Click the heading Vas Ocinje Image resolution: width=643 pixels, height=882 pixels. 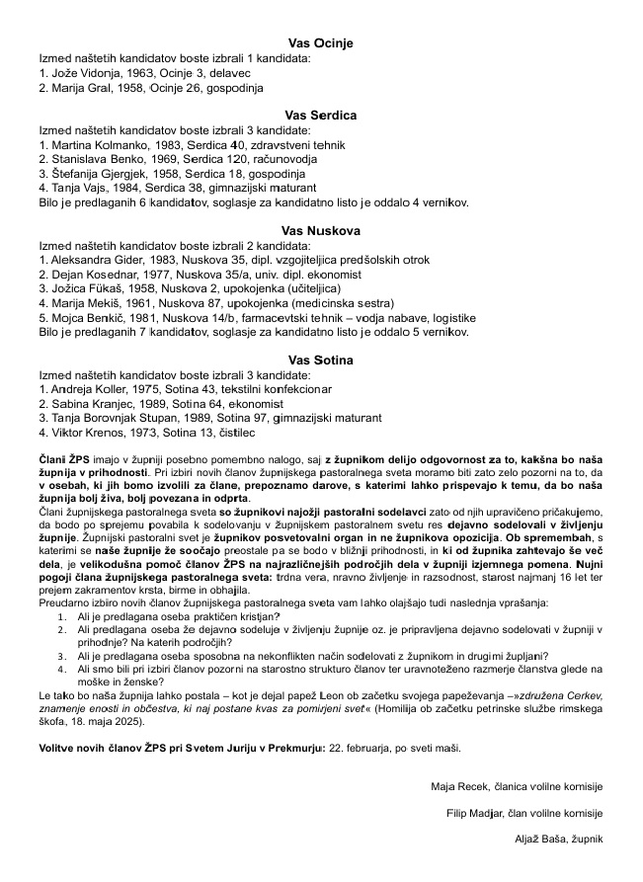(320, 43)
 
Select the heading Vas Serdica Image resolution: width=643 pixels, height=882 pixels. (320, 116)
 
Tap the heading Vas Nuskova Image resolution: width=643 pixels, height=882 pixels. (320, 230)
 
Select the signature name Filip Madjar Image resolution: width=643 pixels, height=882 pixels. (479, 813)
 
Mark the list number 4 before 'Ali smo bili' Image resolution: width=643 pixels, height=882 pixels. (63, 669)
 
